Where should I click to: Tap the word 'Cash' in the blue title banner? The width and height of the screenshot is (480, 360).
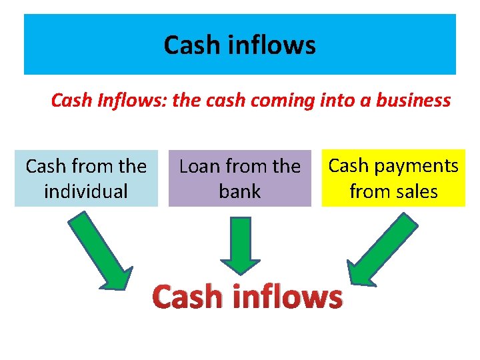[x=190, y=45]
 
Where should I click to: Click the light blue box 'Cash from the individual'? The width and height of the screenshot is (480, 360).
[x=86, y=179]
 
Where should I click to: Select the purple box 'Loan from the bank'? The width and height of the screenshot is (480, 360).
[x=239, y=179]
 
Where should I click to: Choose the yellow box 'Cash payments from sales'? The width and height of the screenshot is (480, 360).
[x=393, y=179]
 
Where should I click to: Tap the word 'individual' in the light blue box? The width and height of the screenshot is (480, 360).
[x=86, y=191]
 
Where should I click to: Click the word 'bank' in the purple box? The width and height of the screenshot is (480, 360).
[x=239, y=191]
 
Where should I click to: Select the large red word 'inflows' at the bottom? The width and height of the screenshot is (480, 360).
[x=288, y=296]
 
